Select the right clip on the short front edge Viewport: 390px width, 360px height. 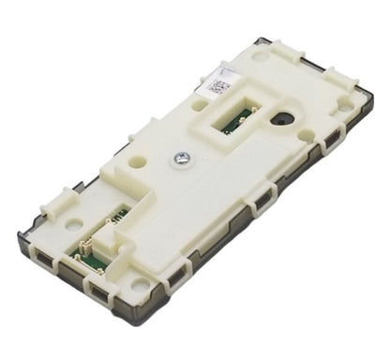93,286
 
